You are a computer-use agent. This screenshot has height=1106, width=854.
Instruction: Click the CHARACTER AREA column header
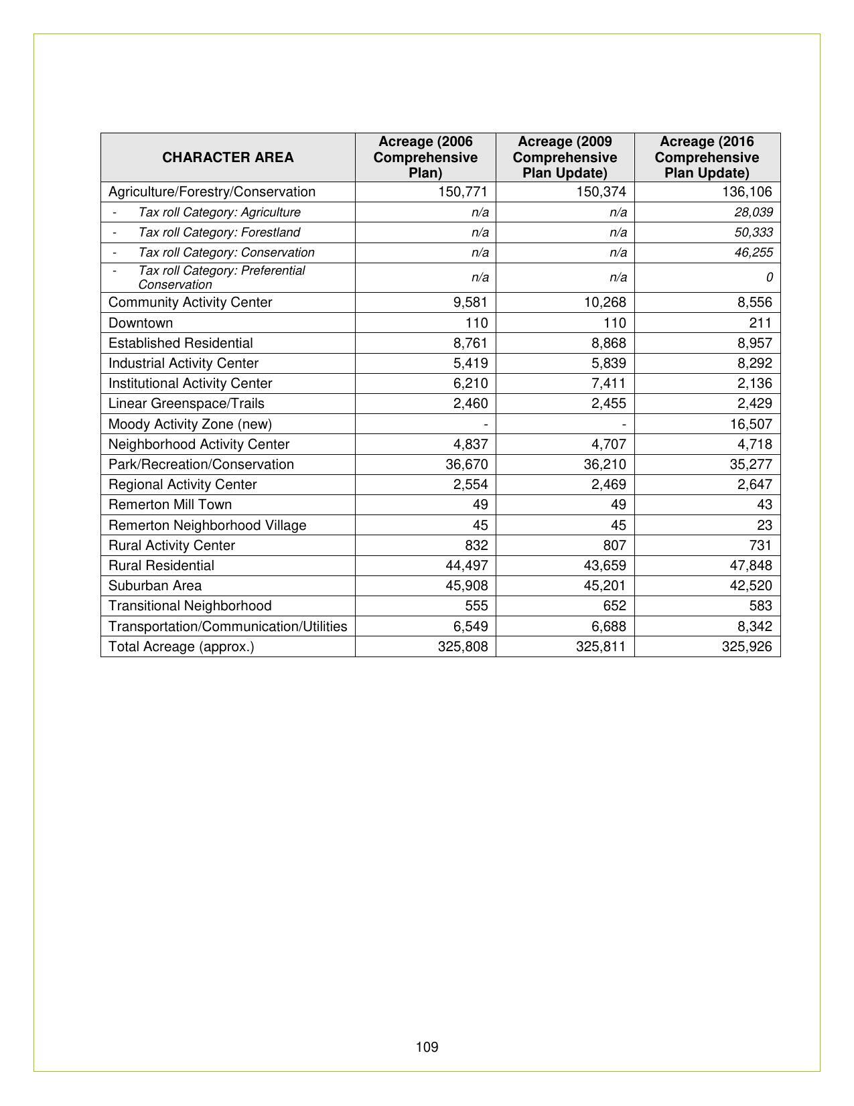click(228, 157)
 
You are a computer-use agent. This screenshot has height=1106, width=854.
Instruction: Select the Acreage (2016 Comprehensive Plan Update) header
click(707, 157)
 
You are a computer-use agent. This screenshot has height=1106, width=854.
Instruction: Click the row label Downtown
click(141, 323)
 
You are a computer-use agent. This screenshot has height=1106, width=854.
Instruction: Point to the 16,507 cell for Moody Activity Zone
click(751, 424)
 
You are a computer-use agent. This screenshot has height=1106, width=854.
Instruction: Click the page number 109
click(427, 1047)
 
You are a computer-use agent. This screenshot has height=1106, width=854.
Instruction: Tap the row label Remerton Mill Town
click(170, 504)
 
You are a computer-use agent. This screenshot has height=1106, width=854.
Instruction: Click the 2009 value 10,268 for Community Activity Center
click(606, 303)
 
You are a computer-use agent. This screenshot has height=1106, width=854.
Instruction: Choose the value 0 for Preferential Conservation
click(769, 277)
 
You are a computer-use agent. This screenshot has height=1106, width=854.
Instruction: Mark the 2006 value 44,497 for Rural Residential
click(467, 565)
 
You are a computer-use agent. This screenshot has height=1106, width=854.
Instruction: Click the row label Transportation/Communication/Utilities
click(228, 626)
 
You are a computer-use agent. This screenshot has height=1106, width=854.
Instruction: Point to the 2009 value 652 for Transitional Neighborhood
click(614, 606)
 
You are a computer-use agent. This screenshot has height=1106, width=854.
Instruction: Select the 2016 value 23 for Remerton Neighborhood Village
click(764, 525)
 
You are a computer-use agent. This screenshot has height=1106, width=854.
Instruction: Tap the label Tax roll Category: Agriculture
click(219, 212)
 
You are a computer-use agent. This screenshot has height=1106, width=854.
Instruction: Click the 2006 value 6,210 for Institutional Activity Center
click(470, 383)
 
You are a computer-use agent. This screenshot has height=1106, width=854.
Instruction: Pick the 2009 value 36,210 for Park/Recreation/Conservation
click(606, 464)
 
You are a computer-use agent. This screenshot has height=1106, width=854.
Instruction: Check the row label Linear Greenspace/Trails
click(186, 403)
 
